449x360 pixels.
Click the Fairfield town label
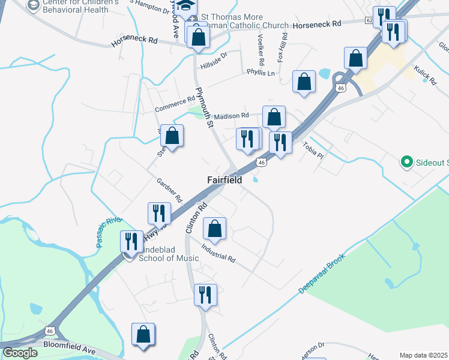224,180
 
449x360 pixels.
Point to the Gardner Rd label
169,190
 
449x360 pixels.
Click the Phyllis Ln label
260,73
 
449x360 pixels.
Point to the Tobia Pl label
313,150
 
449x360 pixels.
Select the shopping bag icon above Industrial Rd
214,228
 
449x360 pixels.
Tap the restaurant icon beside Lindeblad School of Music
130,241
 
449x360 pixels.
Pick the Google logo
20,353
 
